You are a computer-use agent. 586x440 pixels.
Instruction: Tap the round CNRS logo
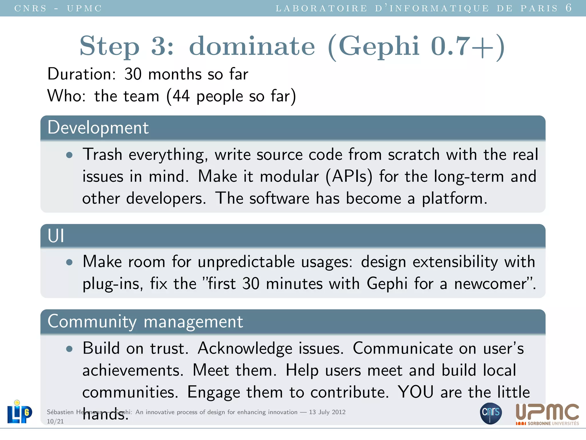pyautogui.click(x=491, y=413)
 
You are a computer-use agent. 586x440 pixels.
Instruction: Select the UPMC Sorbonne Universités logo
pyautogui.click(x=547, y=414)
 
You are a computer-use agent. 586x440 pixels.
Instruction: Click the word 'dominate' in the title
pyautogui.click(x=252, y=46)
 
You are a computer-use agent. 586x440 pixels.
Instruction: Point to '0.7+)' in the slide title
pyautogui.click(x=468, y=46)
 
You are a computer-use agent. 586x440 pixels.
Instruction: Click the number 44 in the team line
pyautogui.click(x=181, y=96)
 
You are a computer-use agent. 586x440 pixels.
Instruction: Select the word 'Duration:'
pyautogui.click(x=82, y=74)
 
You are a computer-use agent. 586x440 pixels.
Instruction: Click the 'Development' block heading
pyautogui.click(x=98, y=128)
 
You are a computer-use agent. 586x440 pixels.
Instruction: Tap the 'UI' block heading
pyautogui.click(x=56, y=236)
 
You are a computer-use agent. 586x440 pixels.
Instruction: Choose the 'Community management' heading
pyautogui.click(x=145, y=321)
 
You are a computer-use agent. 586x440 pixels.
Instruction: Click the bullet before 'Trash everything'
pyautogui.click(x=69, y=155)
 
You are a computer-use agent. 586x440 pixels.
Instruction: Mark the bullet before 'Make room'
pyautogui.click(x=69, y=262)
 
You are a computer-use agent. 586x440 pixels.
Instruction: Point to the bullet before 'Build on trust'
pyautogui.click(x=69, y=349)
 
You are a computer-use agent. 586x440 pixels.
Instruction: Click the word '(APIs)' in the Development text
pyautogui.click(x=349, y=177)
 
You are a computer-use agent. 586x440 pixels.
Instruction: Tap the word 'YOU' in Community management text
pyautogui.click(x=415, y=392)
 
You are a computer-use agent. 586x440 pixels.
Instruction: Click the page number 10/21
pyautogui.click(x=55, y=421)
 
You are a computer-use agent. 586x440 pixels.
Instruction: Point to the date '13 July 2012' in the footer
pyautogui.click(x=327, y=412)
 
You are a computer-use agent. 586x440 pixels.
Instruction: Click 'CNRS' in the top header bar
pyautogui.click(x=30, y=8)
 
